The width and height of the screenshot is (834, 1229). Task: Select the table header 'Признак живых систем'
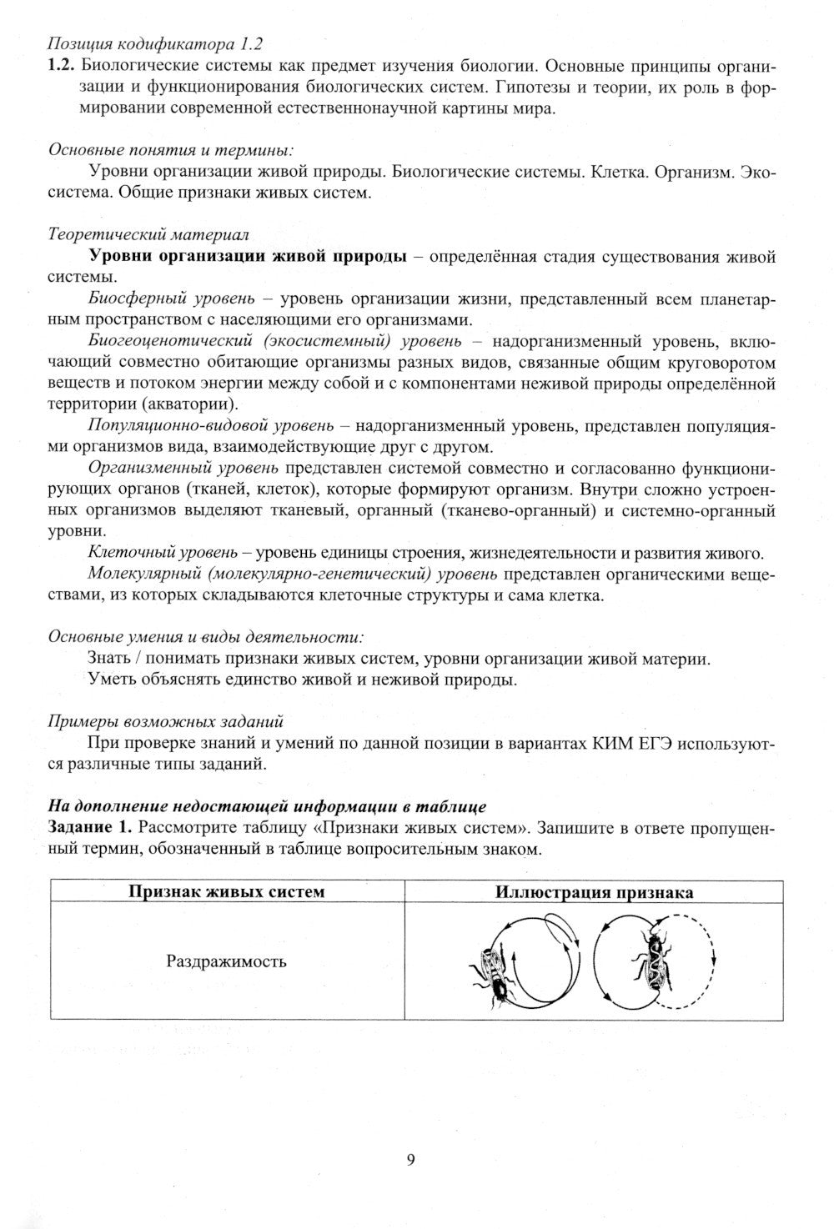point(226,891)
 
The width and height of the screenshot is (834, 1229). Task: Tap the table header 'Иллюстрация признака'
point(594,891)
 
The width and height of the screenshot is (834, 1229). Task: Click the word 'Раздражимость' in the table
point(226,961)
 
